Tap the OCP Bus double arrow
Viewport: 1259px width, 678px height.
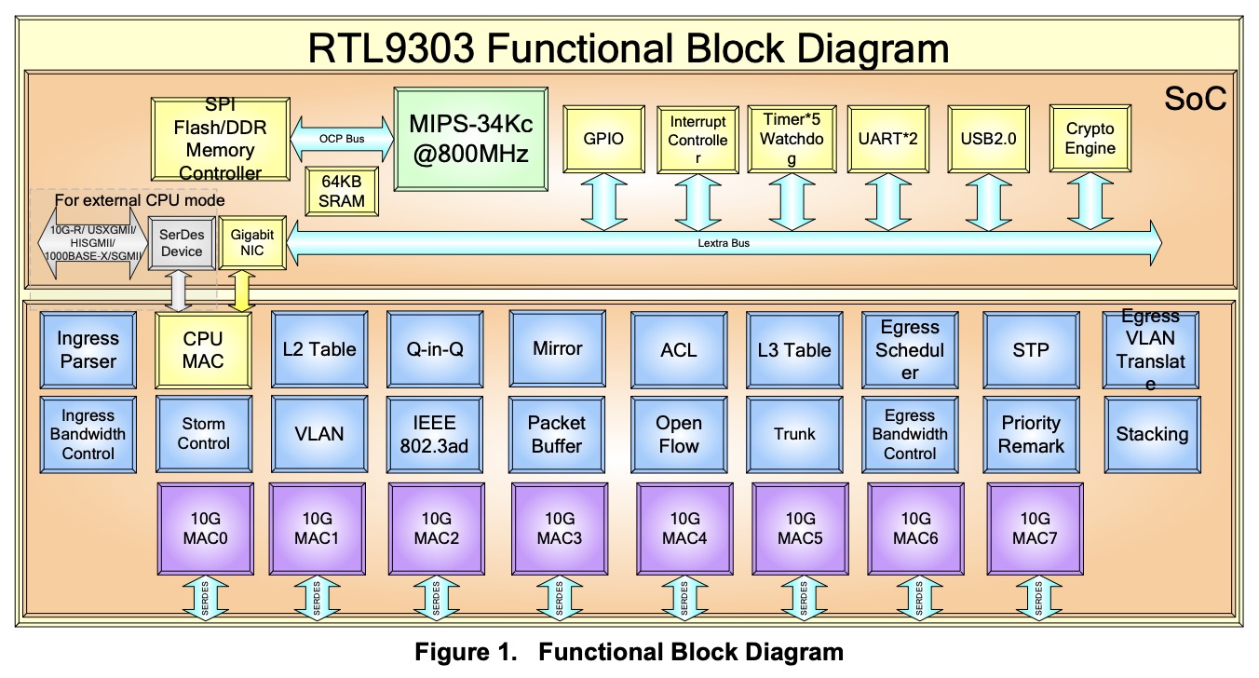pyautogui.click(x=343, y=139)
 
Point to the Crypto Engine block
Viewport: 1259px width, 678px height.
pyautogui.click(x=1090, y=139)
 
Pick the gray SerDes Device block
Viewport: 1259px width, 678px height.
pyautogui.click(x=181, y=244)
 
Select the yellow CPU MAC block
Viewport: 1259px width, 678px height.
pyautogui.click(x=203, y=349)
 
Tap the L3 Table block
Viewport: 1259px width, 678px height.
pyautogui.click(x=794, y=349)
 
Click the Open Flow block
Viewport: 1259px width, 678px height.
pyautogui.click(x=678, y=434)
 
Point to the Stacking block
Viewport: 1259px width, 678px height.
pyautogui.click(x=1152, y=434)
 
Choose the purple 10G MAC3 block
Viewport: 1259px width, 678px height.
pyautogui.click(x=560, y=528)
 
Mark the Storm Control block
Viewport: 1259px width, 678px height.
pyautogui.click(x=203, y=434)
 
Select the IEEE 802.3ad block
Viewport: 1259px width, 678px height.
pyautogui.click(x=433, y=434)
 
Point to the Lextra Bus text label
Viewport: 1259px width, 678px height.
pyautogui.click(x=724, y=243)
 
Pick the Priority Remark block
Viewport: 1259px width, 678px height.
pyautogui.click(x=1031, y=434)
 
